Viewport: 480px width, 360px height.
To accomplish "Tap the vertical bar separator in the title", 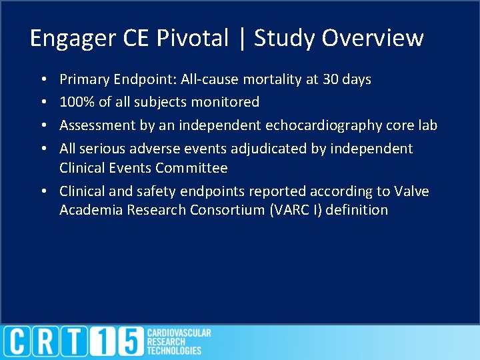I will point(241,39).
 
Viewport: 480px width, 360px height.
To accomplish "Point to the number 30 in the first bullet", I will point(330,79).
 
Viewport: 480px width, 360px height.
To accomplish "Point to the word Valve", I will point(412,191).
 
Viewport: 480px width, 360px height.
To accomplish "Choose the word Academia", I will point(89,210).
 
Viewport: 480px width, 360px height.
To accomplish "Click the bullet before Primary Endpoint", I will point(43,80).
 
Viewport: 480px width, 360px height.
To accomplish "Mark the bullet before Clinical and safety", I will point(43,192).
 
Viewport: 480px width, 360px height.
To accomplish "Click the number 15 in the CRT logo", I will point(117,342).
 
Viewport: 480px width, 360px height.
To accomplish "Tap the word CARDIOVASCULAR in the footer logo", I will point(179,333).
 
